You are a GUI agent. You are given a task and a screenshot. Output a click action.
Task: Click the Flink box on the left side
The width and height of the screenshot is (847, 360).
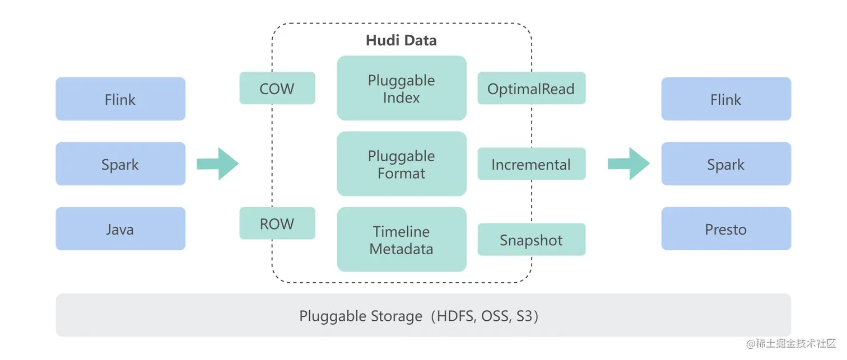coord(120,99)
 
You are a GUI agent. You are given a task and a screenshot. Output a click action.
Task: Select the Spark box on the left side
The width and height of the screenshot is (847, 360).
coord(120,164)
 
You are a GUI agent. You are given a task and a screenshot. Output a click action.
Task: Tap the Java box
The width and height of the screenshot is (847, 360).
coord(120,229)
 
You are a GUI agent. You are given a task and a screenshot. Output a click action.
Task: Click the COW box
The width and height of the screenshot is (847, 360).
coord(277,88)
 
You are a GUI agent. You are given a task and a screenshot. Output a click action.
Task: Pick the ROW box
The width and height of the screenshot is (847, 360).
coord(277,223)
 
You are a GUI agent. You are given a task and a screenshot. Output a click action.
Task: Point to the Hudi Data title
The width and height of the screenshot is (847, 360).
coord(401,40)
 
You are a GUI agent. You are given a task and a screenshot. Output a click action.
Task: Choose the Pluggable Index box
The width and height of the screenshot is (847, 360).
coord(402,88)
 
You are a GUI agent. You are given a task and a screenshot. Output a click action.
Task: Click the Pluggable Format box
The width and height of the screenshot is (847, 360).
coord(402,164)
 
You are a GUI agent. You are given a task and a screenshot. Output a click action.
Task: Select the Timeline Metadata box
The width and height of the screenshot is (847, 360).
coord(402,240)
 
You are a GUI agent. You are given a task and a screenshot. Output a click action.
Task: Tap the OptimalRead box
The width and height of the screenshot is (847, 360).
coord(531,88)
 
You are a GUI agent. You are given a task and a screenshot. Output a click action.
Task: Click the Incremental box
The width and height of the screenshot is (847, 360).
coord(531,164)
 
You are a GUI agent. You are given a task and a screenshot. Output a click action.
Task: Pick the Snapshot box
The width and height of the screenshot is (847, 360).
coord(531,240)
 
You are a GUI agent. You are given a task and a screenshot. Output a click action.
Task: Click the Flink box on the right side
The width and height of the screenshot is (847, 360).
coord(726,99)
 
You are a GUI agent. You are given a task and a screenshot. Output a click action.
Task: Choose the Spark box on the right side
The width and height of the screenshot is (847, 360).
coord(726,164)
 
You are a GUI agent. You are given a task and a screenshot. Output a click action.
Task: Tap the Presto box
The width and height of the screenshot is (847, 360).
coord(726,229)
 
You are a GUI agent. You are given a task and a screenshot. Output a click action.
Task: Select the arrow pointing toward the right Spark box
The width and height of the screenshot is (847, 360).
coord(629,164)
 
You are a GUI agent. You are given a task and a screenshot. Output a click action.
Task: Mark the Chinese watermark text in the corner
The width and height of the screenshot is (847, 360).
coord(790,343)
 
